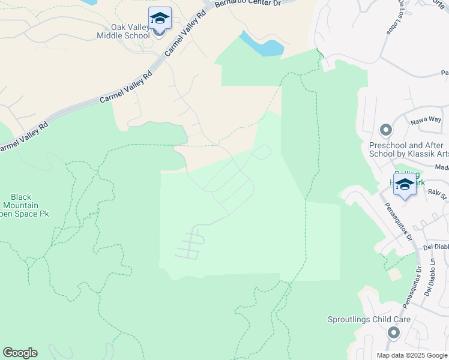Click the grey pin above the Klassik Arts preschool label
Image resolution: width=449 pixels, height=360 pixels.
pyautogui.click(x=385, y=130)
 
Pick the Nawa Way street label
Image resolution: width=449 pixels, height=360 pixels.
pyautogui.click(x=426, y=121)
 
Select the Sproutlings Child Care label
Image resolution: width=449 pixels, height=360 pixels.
pyautogui.click(x=369, y=319)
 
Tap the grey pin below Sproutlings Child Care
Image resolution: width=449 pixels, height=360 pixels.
pyautogui.click(x=394, y=332)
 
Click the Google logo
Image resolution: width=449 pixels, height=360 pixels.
pyautogui.click(x=20, y=353)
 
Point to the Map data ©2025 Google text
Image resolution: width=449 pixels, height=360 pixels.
pyautogui.click(x=411, y=355)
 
